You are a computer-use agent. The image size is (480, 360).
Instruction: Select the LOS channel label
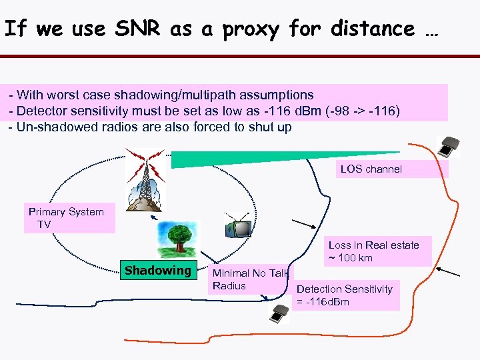(x=371, y=169)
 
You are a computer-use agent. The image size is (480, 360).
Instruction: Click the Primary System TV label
(x=66, y=218)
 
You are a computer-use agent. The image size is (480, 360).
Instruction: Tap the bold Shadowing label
(x=157, y=270)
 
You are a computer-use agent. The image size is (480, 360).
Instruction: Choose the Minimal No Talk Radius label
(x=249, y=279)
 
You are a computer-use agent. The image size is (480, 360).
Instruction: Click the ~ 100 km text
(x=351, y=258)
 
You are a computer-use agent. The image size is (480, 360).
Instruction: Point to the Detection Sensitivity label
(x=344, y=289)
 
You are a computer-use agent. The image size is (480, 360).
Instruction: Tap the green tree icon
(x=177, y=237)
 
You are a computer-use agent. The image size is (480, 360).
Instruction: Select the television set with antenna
(x=238, y=227)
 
